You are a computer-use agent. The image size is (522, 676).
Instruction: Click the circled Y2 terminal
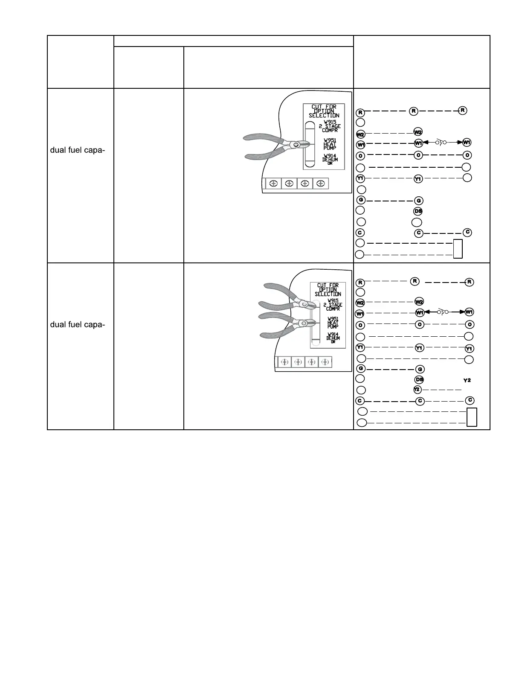(x=417, y=390)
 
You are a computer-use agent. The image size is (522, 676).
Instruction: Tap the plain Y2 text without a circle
(x=467, y=380)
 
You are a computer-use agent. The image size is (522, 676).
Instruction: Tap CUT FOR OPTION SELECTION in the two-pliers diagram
(x=328, y=290)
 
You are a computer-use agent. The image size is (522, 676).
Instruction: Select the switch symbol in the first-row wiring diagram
(x=441, y=142)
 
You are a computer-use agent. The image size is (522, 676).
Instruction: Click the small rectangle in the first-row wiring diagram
(x=458, y=249)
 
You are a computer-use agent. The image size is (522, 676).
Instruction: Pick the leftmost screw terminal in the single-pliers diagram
(x=273, y=184)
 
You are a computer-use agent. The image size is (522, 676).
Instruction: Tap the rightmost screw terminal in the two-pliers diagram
(x=325, y=362)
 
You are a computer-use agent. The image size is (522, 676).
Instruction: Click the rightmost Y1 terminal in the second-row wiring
(x=469, y=348)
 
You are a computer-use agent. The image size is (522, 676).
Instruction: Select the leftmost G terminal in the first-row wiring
(x=361, y=200)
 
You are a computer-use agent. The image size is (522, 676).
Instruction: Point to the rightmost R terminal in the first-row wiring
(x=463, y=110)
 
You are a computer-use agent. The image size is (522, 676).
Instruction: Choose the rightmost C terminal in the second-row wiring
(x=470, y=400)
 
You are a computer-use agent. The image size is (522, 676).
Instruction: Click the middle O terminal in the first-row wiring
(x=418, y=155)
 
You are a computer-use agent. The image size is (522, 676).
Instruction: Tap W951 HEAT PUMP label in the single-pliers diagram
(x=330, y=144)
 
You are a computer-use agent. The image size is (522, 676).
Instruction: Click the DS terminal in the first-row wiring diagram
(x=418, y=211)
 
